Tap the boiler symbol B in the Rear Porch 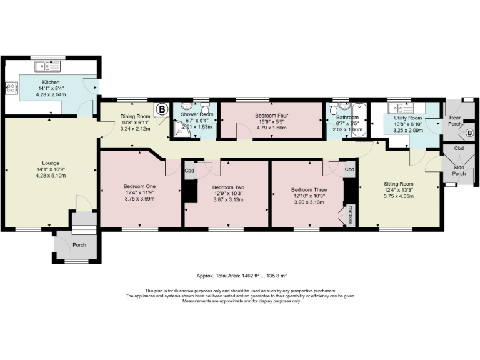click(470, 132)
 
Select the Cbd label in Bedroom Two click(189, 171)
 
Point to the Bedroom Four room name click(271, 116)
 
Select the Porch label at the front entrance click(79, 244)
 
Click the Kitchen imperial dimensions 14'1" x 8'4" click(51, 89)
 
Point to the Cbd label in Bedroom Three click(349, 169)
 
